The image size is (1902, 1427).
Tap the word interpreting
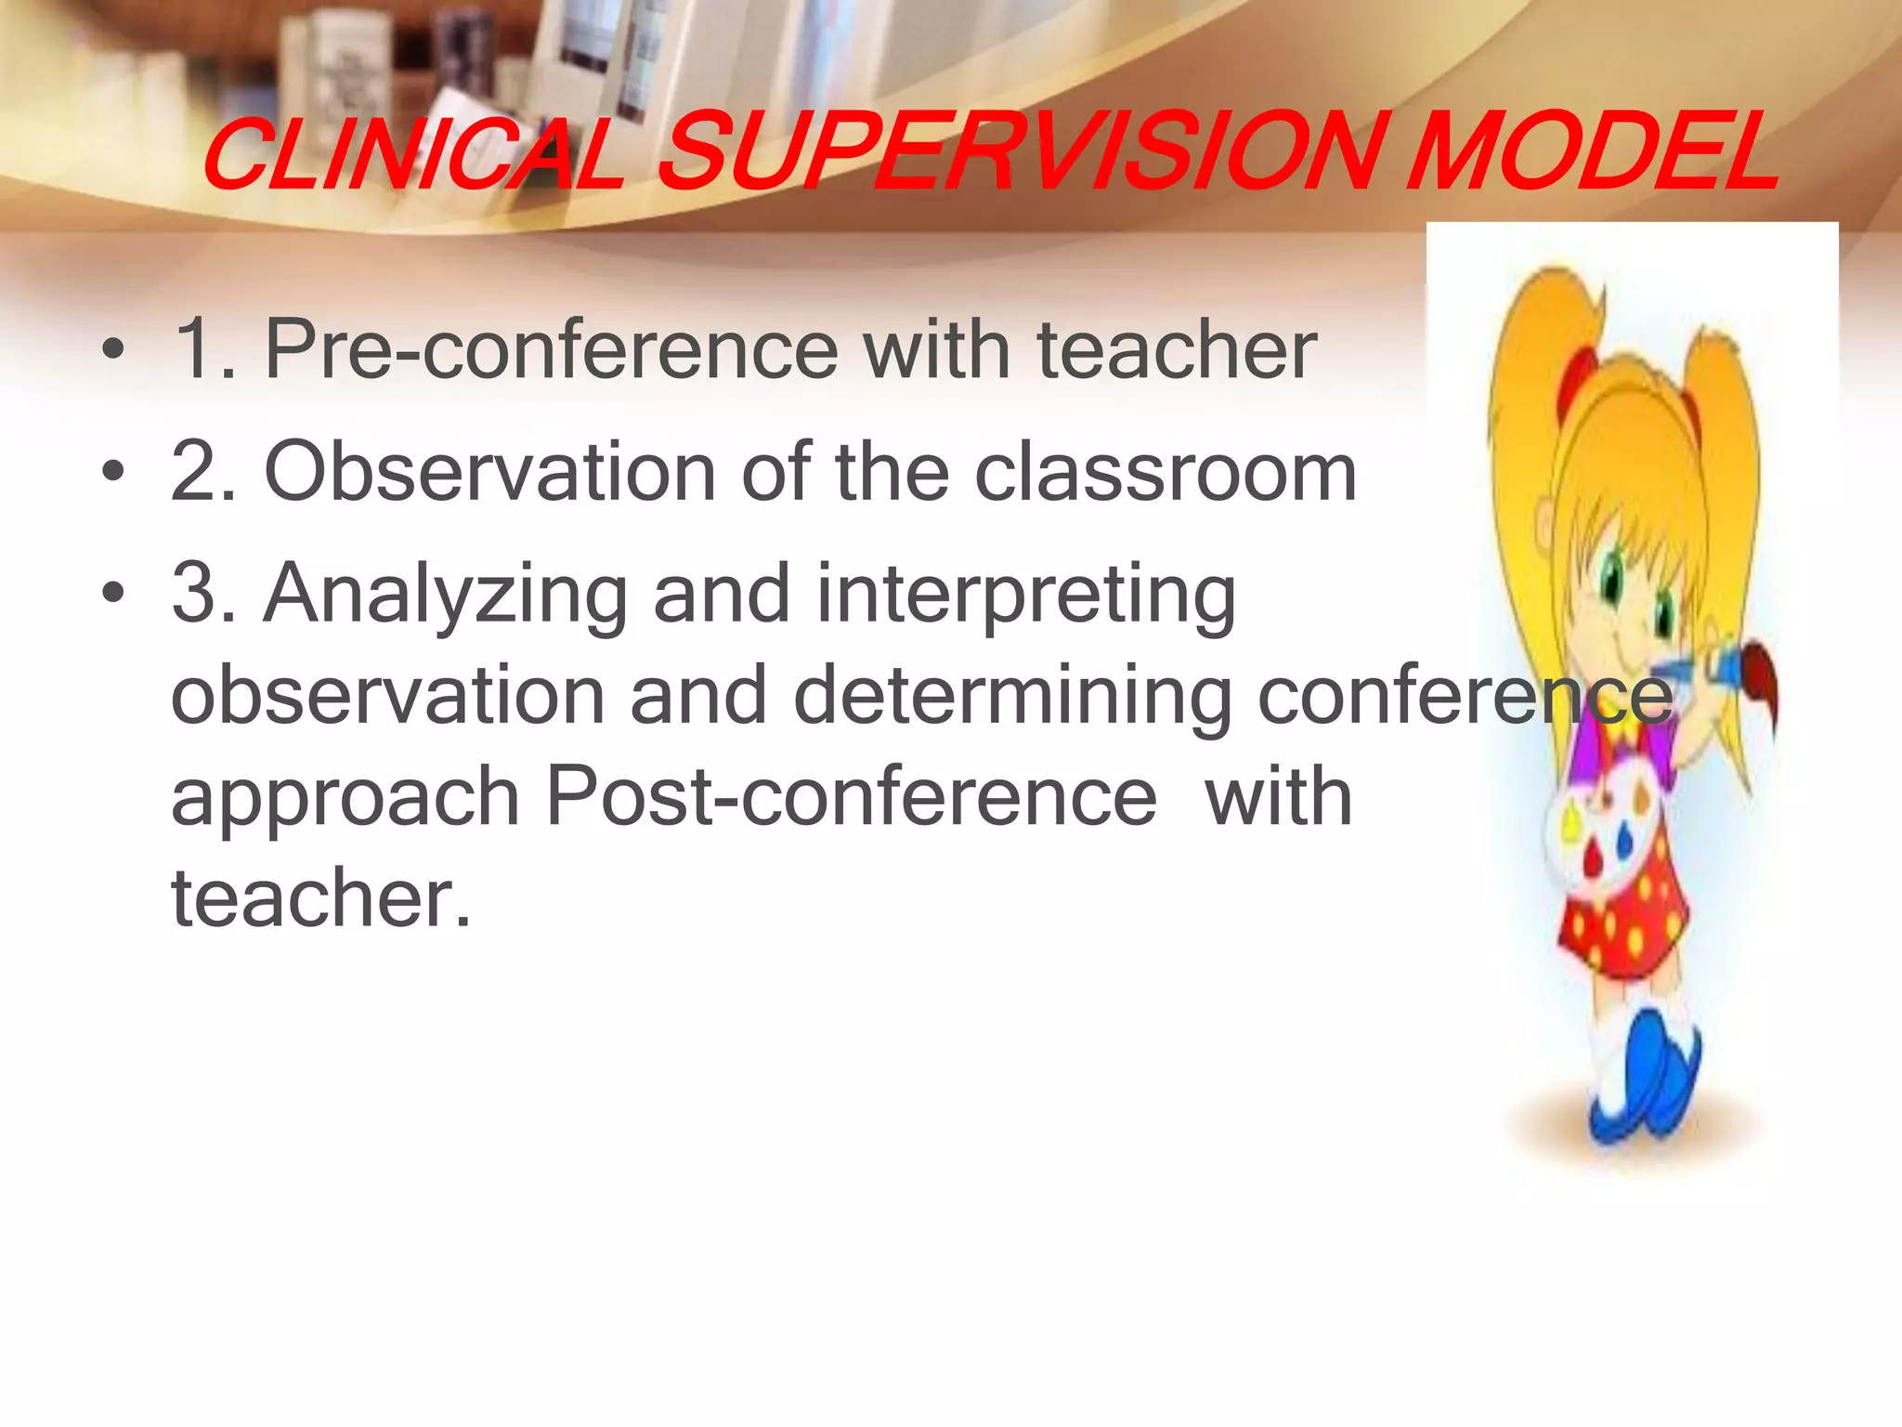point(1025,596)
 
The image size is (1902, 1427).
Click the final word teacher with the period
point(321,898)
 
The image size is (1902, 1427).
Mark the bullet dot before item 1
point(113,352)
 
